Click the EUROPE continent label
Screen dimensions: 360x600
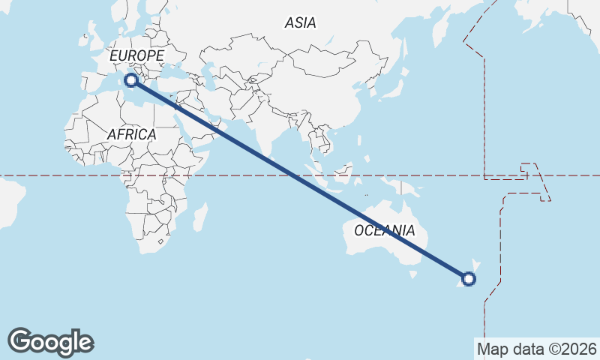pyautogui.click(x=136, y=56)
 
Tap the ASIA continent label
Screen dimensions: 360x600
pyautogui.click(x=300, y=22)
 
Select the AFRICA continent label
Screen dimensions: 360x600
pyautogui.click(x=131, y=134)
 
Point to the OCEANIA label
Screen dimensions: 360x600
pyautogui.click(x=384, y=230)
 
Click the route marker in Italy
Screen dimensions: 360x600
pyautogui.click(x=131, y=79)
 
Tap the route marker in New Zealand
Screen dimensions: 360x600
pyautogui.click(x=469, y=279)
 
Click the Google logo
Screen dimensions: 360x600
pyautogui.click(x=50, y=342)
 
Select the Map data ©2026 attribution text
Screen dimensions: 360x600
pyautogui.click(x=537, y=349)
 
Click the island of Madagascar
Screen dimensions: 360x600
pyautogui.click(x=201, y=217)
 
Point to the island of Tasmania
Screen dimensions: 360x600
pyautogui.click(x=412, y=274)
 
